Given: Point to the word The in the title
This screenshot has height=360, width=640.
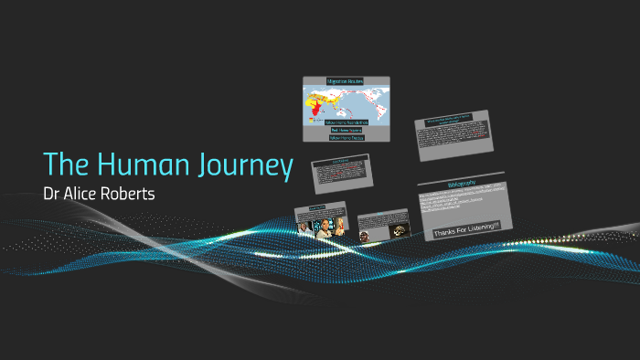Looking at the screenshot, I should coord(64,164).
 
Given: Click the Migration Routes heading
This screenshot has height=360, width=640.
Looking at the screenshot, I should coord(346,82).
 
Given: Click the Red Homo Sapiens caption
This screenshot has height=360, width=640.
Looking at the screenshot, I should coord(346,131).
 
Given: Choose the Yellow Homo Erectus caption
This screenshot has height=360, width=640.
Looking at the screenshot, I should coord(346,137).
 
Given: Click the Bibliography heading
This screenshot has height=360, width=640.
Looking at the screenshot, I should coord(462,184).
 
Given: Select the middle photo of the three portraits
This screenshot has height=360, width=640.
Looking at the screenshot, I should coord(323,229).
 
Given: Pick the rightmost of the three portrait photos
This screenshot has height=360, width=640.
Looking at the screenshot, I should coord(338,228).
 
